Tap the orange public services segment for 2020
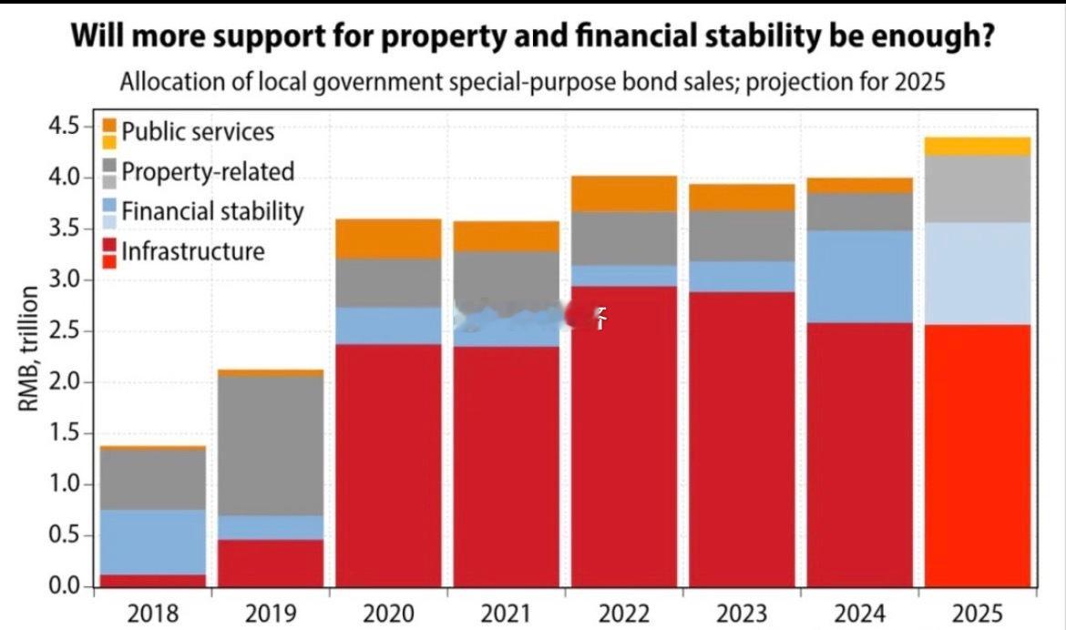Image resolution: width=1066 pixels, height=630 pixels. (x=389, y=239)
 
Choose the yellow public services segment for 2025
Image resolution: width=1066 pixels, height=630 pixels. (x=978, y=146)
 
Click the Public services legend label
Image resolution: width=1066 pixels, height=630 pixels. (x=198, y=131)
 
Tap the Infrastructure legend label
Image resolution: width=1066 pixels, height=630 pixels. (x=193, y=250)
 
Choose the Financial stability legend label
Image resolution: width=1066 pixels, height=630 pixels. (x=212, y=211)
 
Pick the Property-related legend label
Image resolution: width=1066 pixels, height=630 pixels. (x=208, y=171)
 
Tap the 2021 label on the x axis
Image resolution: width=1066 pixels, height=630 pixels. (x=507, y=613)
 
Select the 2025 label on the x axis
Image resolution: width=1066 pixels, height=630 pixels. (x=978, y=613)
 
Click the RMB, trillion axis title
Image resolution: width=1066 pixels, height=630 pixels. (x=29, y=349)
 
